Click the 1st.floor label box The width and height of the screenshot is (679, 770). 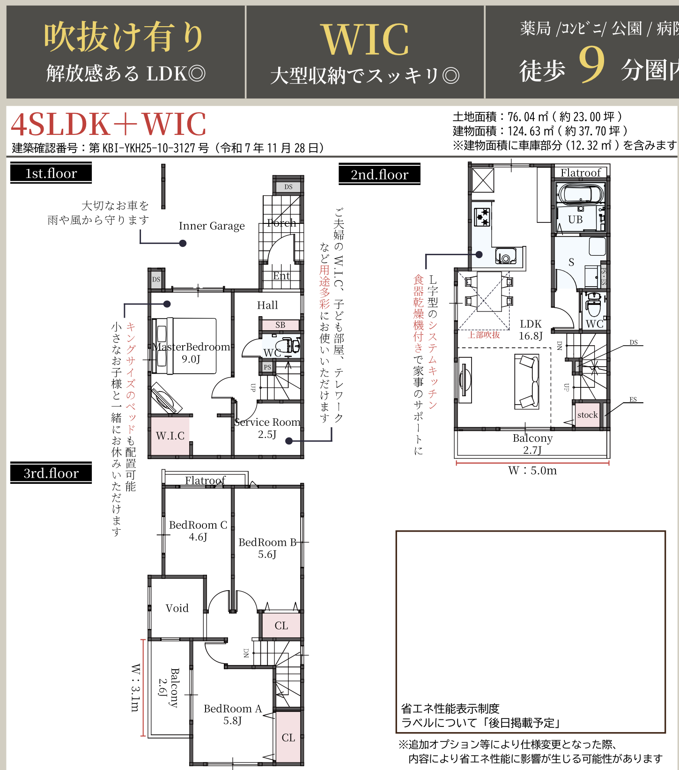[x=51, y=173]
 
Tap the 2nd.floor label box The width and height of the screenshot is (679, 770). [x=379, y=175]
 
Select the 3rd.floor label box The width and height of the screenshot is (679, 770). [x=51, y=473]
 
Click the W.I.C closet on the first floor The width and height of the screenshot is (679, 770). [x=170, y=436]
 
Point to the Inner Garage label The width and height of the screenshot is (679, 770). [x=212, y=226]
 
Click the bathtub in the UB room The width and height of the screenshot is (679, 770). [x=580, y=194]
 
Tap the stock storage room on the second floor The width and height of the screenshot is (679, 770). [x=587, y=415]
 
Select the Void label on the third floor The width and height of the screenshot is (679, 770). [x=177, y=608]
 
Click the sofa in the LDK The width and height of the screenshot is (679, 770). [x=527, y=381]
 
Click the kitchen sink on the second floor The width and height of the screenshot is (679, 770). [x=506, y=256]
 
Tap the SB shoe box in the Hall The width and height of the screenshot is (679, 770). [x=280, y=325]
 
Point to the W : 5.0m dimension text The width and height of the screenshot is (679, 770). [x=532, y=471]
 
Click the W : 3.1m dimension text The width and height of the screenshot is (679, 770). [x=135, y=688]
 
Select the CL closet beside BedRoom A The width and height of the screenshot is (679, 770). [x=288, y=737]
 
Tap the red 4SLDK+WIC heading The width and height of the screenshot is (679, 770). [x=109, y=125]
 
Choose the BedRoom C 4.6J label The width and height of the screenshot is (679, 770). [x=198, y=531]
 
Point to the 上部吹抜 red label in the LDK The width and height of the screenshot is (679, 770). [x=484, y=334]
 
